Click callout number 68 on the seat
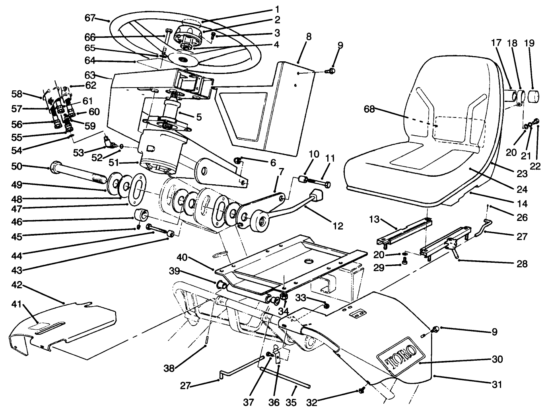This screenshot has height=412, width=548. coord(369,109)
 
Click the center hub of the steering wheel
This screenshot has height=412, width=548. coord(183,58)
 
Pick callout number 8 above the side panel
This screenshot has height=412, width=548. coord(309,36)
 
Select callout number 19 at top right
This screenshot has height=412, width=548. coord(530,43)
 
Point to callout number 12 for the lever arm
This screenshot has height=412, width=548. coord(338,226)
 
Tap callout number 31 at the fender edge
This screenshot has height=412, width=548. coord(497,385)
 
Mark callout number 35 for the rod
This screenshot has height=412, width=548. coord(291,402)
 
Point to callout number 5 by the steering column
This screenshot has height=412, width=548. coord(198,117)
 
